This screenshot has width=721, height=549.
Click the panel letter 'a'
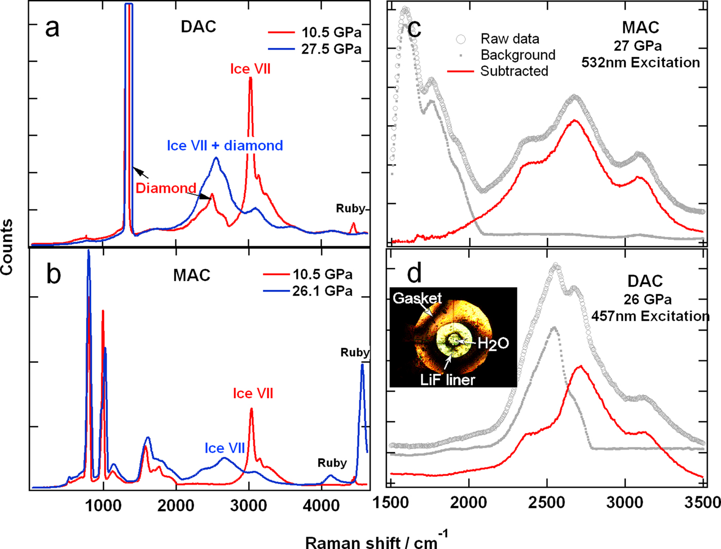click(52, 28)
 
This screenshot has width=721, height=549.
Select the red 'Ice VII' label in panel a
click(250, 69)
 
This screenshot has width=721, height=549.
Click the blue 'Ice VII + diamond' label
click(225, 146)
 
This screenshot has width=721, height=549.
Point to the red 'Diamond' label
click(166, 188)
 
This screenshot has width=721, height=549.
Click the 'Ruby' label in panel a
click(350, 209)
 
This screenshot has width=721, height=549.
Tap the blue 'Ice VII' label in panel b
click(225, 448)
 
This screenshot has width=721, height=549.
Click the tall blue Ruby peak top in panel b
click(362, 365)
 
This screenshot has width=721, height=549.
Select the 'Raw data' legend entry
click(509, 39)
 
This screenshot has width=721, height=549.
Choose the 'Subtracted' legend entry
click(514, 71)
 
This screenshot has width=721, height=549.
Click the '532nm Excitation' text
click(641, 63)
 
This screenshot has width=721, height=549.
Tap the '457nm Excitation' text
click(650, 316)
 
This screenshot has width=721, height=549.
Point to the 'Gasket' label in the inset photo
click(417, 298)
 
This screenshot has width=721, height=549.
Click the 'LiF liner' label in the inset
click(448, 380)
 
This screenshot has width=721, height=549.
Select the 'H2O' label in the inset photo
click(493, 344)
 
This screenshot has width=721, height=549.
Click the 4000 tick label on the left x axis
click(321, 505)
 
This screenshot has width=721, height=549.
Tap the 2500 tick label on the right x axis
click(547, 502)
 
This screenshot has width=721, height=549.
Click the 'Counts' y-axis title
click(7, 247)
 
